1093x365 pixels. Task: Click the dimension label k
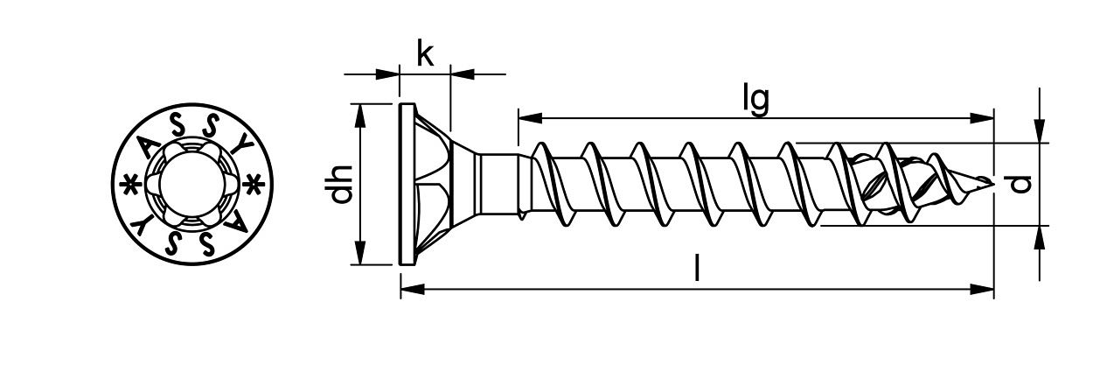pos(425,54)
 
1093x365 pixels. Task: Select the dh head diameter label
pos(343,184)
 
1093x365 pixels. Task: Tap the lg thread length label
pos(755,100)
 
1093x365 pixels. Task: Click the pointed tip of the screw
pos(991,183)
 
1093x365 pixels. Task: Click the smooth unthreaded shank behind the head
pos(499,184)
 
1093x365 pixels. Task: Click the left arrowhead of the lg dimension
pos(527,116)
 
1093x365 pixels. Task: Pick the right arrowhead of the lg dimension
pos(985,116)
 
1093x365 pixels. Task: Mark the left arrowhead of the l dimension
pos(410,287)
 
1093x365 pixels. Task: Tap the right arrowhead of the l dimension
pos(985,287)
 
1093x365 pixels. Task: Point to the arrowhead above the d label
pos(1039,132)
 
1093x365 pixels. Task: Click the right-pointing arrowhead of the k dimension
pos(389,74)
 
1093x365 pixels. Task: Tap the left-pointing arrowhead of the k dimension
pos(462,74)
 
